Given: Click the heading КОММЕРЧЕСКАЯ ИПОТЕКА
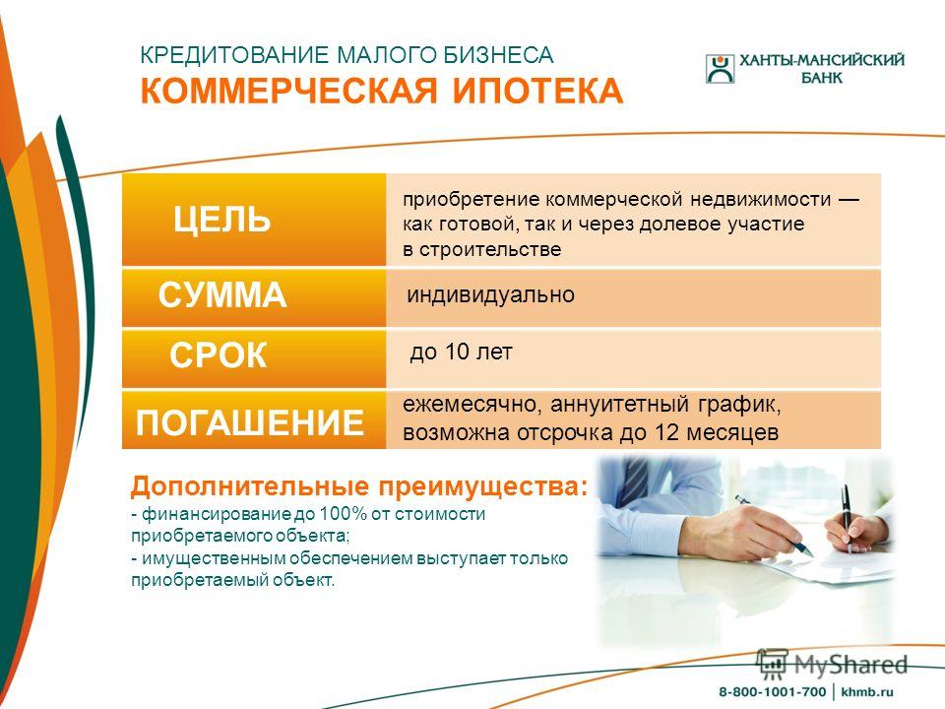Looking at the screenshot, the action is tap(382, 91).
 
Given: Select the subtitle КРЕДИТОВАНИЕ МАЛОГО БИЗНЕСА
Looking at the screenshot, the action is tap(346, 55).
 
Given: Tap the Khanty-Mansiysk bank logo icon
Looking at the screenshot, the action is tap(721, 69).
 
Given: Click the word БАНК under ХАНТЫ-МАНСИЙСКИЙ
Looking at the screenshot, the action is tap(821, 78).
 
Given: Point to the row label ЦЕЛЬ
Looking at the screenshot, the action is tap(221, 219).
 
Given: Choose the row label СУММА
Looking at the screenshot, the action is tap(222, 294).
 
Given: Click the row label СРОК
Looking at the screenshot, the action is tap(219, 355).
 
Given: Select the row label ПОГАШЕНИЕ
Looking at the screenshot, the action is tap(249, 422).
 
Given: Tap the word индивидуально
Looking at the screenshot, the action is tap(490, 294).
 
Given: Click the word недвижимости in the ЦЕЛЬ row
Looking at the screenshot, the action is tap(761, 199).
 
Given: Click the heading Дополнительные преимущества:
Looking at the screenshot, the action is tap(359, 485).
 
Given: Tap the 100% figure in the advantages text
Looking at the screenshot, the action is tap(343, 514).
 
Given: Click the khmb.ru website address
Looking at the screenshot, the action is tap(866, 691).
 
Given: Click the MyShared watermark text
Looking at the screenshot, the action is tap(850, 665).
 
